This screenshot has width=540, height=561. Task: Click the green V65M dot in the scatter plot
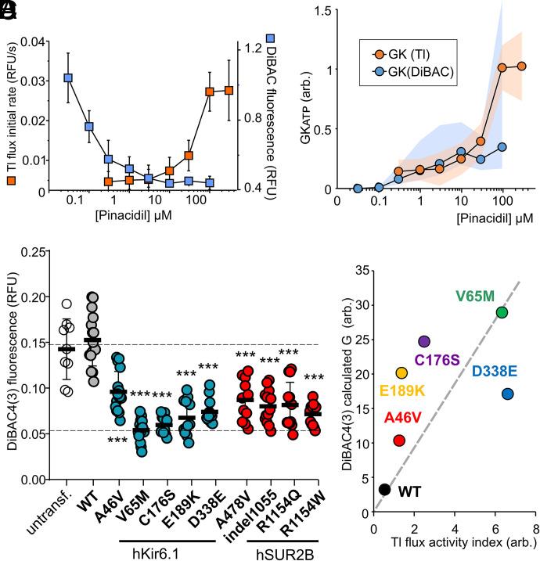click(502, 312)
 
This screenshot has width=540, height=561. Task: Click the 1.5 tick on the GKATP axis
click(320, 9)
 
